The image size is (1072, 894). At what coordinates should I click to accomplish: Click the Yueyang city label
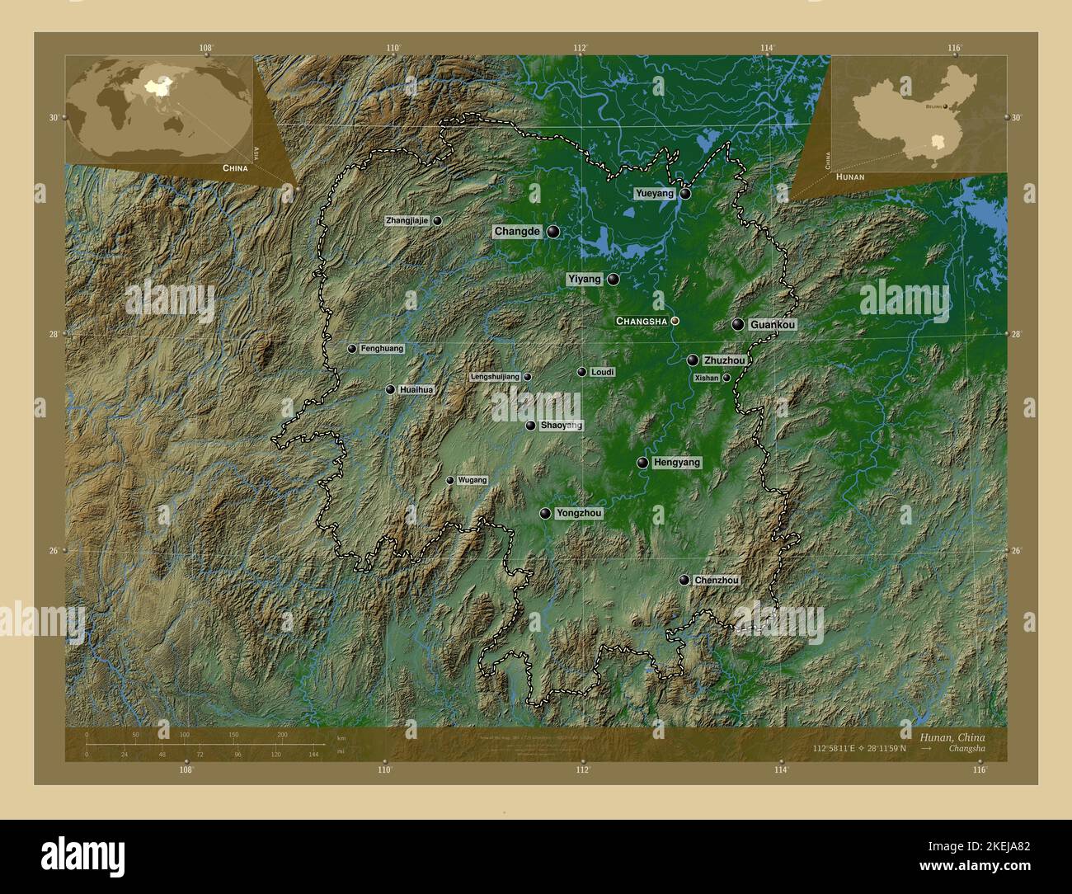(654, 193)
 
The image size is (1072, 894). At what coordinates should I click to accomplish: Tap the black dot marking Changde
(552, 232)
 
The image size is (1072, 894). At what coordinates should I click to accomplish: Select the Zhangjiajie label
(407, 221)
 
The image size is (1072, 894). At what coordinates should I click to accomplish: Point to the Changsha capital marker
(675, 321)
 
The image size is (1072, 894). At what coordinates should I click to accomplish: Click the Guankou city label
(773, 325)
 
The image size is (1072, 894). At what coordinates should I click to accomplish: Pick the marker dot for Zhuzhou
(693, 360)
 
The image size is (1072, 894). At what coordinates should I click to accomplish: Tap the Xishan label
(707, 378)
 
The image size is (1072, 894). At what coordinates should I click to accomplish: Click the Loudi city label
(602, 373)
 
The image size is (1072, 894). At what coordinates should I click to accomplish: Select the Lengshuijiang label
(495, 377)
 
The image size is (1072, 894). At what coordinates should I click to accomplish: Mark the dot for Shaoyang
(530, 426)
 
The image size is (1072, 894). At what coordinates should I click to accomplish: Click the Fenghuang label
(382, 349)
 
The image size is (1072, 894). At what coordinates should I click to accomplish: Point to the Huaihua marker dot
(390, 389)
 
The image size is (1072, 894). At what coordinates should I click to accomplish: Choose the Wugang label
(473, 480)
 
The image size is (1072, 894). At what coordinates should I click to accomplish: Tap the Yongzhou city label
(579, 513)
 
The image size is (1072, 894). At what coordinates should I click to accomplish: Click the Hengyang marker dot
(642, 463)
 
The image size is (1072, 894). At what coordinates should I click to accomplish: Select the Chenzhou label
(716, 580)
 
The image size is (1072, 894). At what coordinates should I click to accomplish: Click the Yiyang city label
(585, 280)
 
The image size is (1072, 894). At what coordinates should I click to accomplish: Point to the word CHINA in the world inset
(234, 167)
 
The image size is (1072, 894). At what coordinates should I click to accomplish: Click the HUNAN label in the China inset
(850, 177)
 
